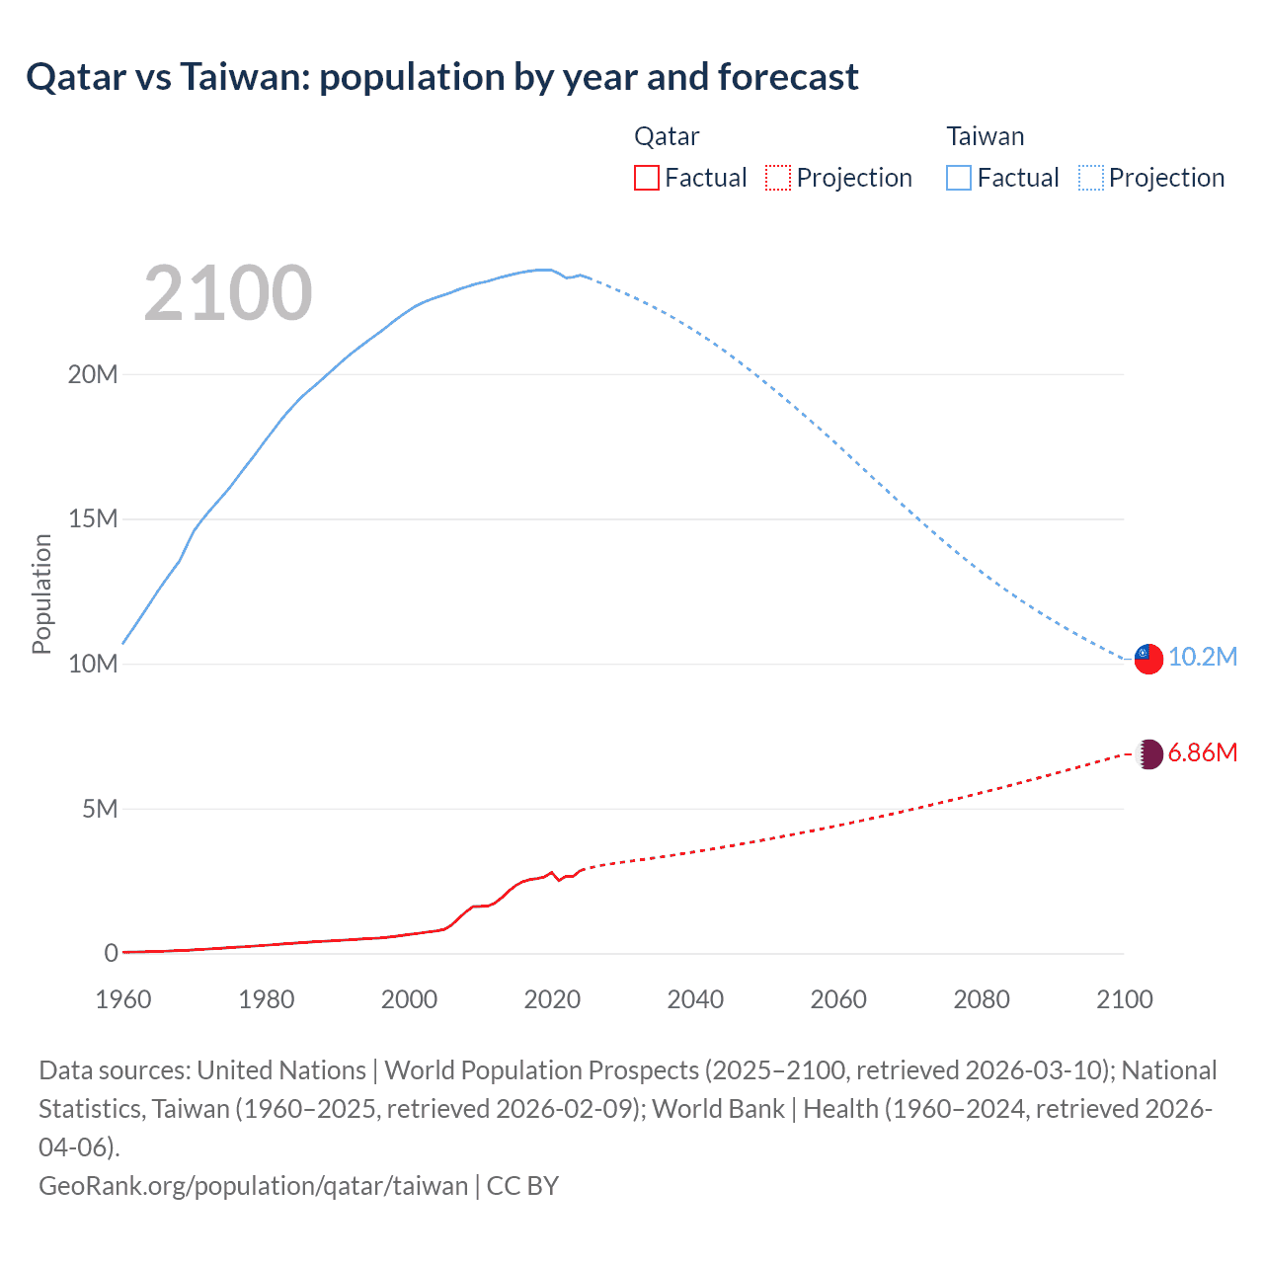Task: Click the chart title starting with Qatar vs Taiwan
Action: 442,77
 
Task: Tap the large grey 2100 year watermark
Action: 228,293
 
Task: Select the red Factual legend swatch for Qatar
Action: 646,178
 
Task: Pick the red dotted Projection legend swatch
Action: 778,178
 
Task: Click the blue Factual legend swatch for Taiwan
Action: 958,178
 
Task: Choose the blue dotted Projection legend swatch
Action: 1090,178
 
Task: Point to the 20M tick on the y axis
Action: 93,374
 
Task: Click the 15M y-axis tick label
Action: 93,519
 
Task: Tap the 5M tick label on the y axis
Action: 99,809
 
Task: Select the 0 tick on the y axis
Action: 111,953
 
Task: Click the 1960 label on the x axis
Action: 123,999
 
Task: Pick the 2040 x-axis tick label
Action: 695,999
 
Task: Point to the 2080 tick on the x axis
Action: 982,999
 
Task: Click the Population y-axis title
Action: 41,593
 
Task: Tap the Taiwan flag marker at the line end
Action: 1148,659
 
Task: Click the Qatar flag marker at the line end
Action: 1148,754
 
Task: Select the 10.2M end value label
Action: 1203,658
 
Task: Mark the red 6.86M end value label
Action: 1203,753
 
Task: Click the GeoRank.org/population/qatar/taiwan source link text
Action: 253,1185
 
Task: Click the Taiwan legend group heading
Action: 985,136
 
